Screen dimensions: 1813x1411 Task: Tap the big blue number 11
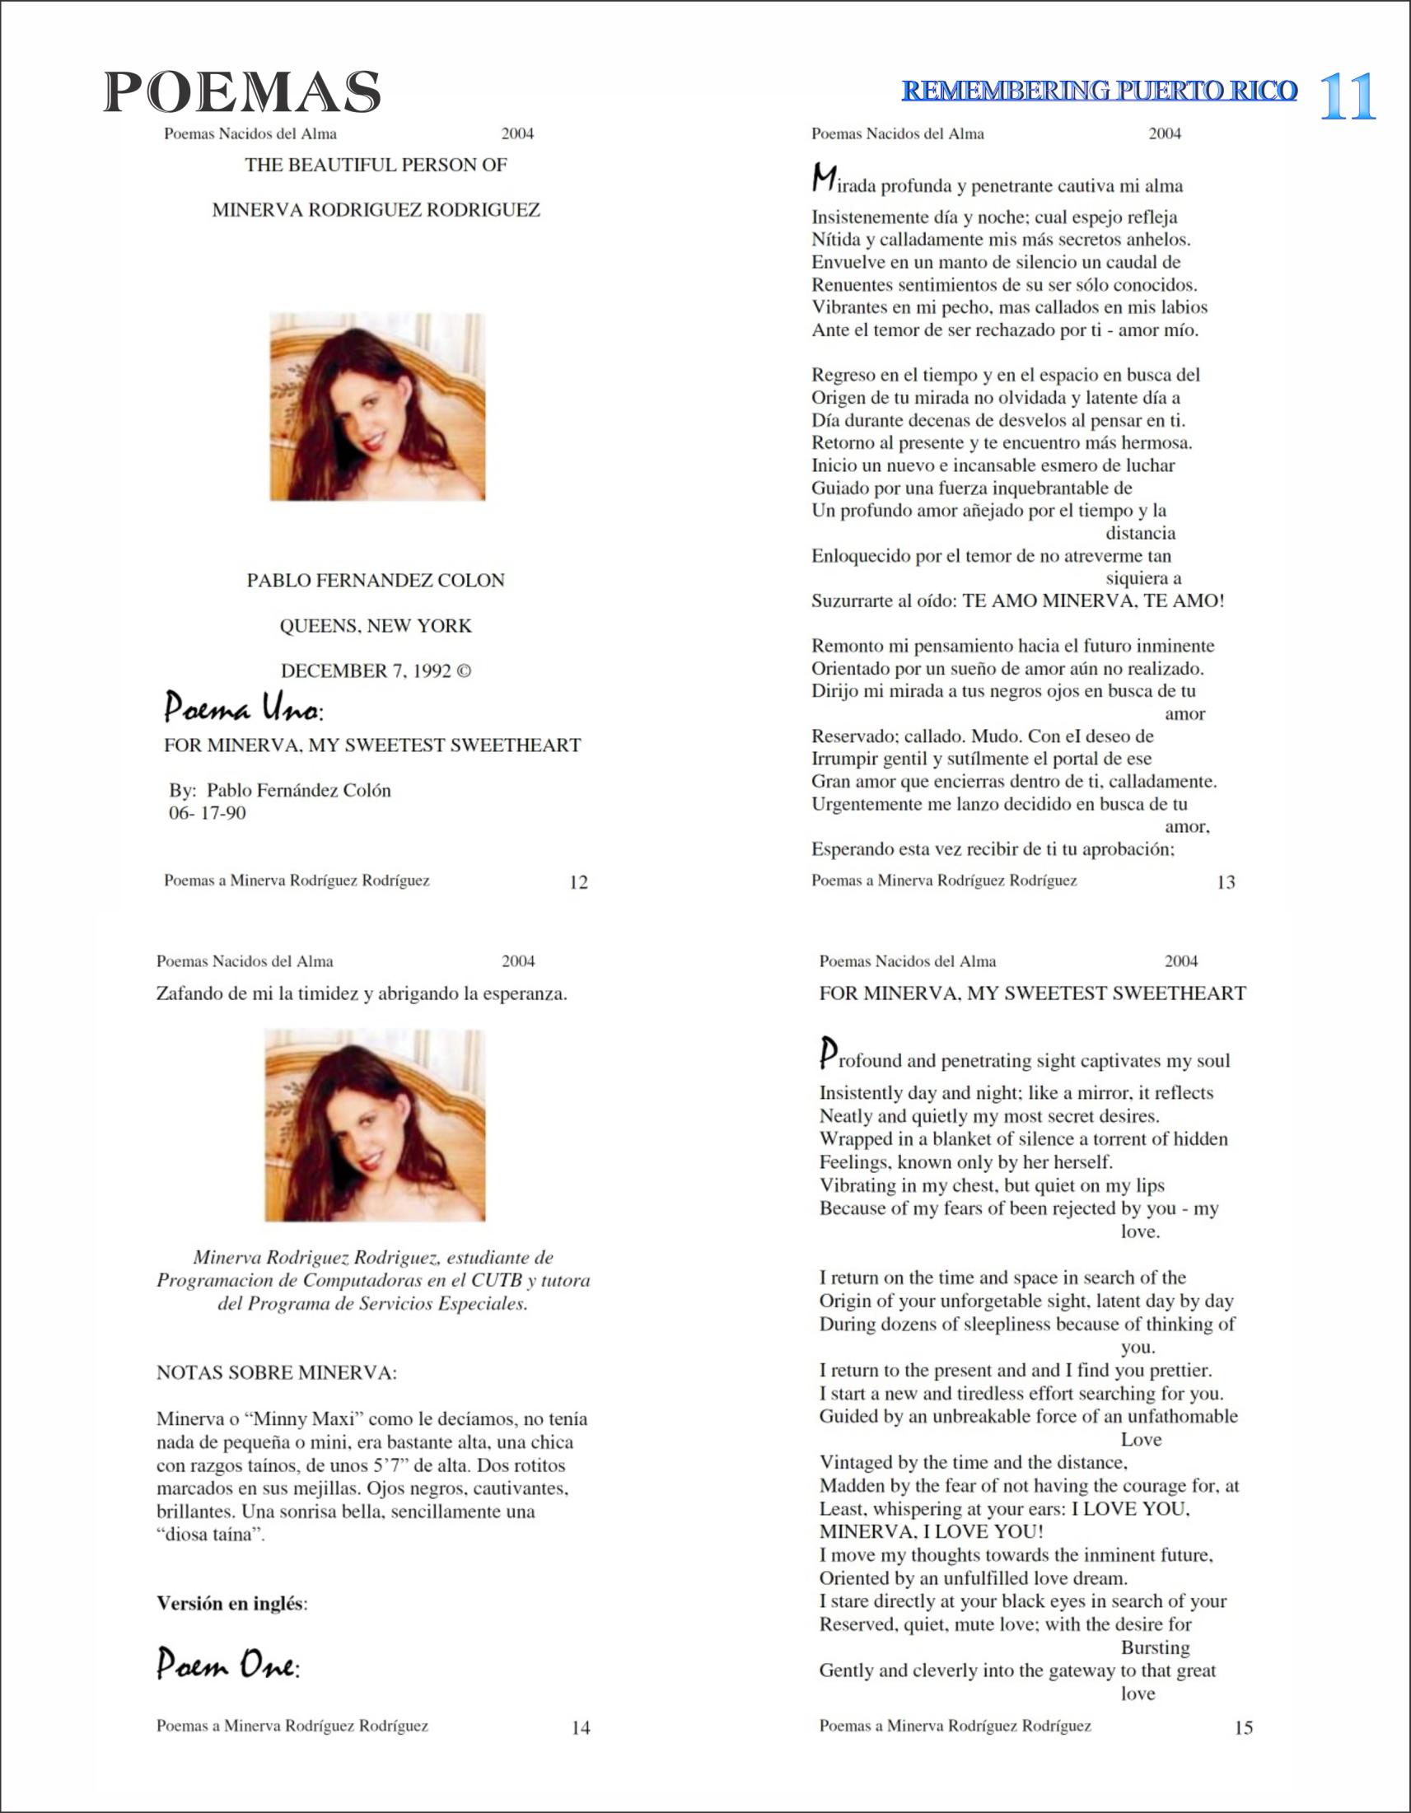coord(1347,96)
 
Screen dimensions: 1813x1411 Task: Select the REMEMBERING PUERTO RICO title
coord(1099,91)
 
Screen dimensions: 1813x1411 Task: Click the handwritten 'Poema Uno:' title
coord(243,708)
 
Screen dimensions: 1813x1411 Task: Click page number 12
coord(578,882)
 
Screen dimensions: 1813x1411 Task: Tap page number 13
coord(1225,882)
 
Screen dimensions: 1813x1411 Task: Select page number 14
coord(581,1727)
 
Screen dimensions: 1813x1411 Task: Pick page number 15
coord(1243,1727)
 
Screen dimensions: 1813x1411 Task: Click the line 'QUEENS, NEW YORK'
coord(375,626)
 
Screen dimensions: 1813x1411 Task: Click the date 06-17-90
coord(208,813)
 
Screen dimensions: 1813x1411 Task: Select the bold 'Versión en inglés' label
coord(231,1603)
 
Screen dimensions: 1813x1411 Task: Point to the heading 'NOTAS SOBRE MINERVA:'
coord(277,1372)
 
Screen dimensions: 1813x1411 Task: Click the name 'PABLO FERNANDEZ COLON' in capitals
coord(375,580)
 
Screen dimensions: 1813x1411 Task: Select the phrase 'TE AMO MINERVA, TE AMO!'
coord(1092,600)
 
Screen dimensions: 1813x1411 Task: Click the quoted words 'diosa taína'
coord(210,1534)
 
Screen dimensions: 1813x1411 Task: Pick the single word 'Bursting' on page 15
coord(1155,1647)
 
